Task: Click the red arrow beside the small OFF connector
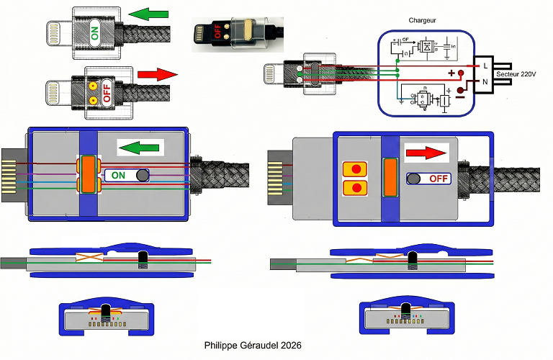tap(156, 74)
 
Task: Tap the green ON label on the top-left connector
tap(94, 32)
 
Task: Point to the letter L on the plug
tap(486, 66)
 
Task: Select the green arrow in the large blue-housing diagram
tap(140, 148)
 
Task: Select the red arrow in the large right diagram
tap(426, 153)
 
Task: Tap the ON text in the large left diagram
tap(118, 175)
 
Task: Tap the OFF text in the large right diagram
tap(439, 178)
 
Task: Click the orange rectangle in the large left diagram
tap(89, 174)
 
